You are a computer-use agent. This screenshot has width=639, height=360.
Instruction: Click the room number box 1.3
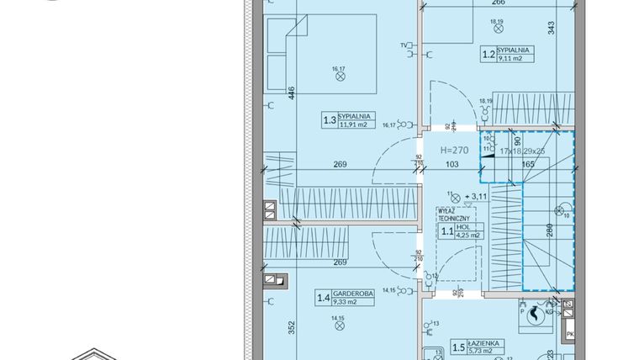pos(330,121)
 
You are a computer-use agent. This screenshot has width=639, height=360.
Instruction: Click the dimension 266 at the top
pos(499,3)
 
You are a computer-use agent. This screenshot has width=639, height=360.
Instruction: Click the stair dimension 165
pos(528,165)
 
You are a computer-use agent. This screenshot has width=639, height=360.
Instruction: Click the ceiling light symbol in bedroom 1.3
pos(341,76)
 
